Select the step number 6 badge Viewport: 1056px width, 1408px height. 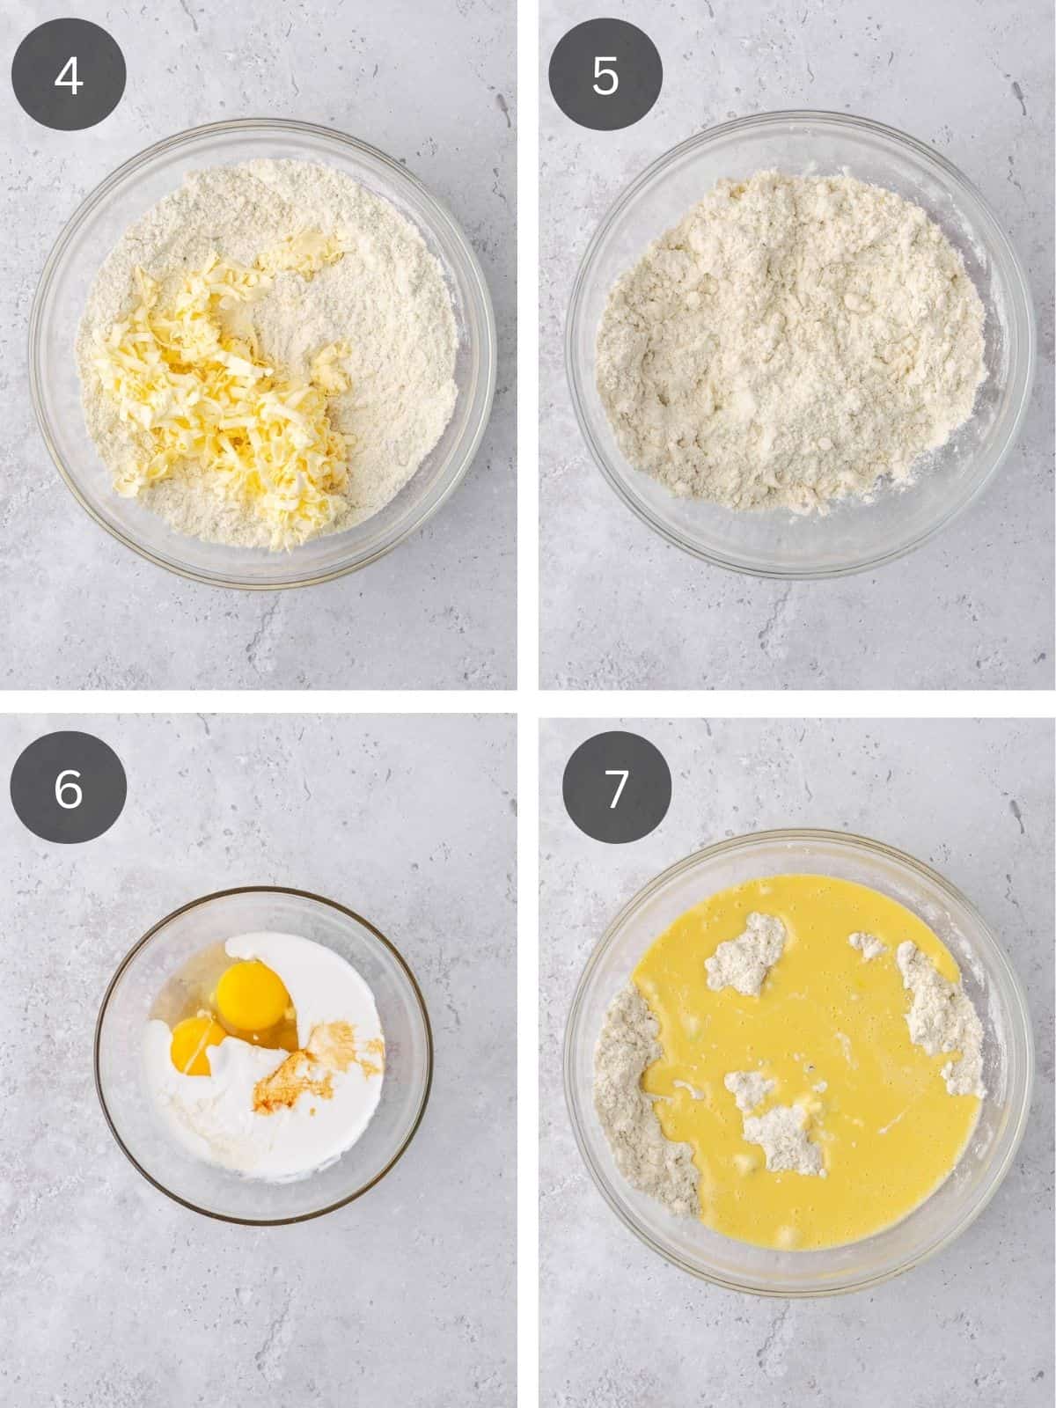(69, 788)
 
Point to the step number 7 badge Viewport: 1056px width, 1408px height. (616, 788)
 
